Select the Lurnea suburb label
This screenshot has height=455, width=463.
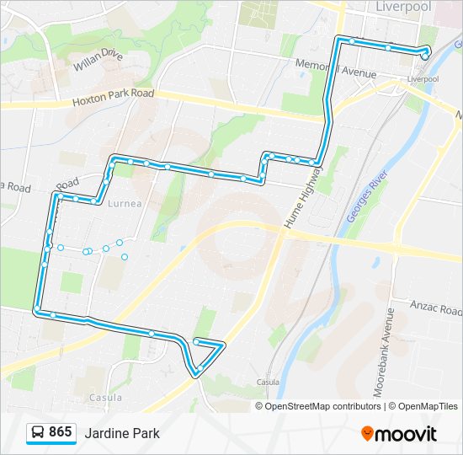[125, 203]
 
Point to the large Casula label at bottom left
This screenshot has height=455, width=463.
[105, 397]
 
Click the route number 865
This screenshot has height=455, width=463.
[60, 432]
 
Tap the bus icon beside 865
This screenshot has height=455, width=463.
[38, 432]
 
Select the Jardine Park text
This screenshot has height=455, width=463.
[121, 433]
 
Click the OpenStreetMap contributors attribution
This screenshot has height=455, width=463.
[321, 406]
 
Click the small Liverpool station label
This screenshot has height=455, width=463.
[423, 78]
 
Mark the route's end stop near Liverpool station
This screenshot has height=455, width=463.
[426, 56]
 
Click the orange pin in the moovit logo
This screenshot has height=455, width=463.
[367, 433]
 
